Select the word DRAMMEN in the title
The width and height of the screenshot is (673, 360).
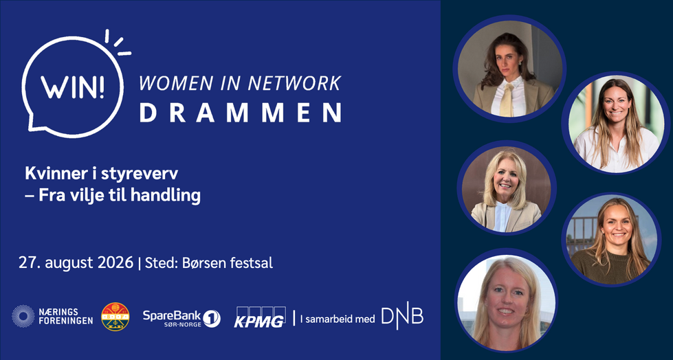[241, 113]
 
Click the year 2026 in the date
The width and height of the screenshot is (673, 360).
[116, 263]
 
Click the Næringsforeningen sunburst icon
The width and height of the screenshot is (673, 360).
[23, 316]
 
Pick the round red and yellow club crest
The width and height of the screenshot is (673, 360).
[115, 317]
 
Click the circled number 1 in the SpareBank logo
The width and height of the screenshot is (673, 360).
[212, 318]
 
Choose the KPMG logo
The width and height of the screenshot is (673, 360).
[260, 317]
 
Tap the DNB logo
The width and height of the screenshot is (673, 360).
[402, 317]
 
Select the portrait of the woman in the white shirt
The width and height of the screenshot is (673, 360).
[616, 123]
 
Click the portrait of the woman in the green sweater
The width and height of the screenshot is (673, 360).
[611, 239]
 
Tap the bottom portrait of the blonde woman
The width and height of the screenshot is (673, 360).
[506, 302]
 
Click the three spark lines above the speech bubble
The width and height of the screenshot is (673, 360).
[118, 43]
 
